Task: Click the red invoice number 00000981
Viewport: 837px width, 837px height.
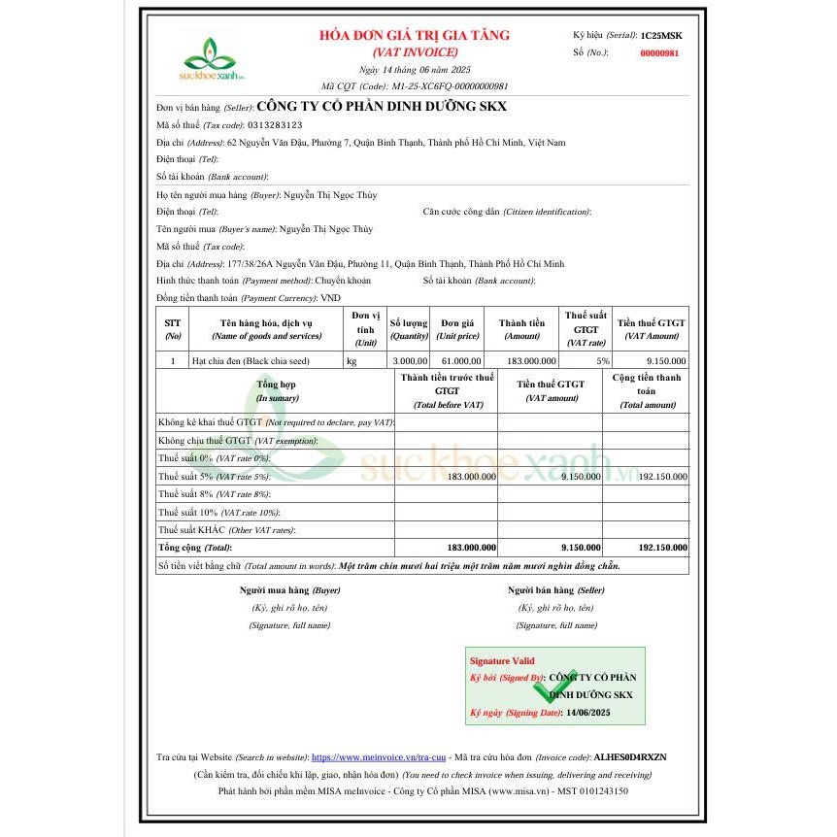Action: (x=659, y=52)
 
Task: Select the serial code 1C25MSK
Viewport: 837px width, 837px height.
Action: (x=661, y=35)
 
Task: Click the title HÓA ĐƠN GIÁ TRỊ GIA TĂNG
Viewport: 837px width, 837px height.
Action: (x=415, y=35)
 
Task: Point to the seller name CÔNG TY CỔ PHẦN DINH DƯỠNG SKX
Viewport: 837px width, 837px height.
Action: (x=381, y=107)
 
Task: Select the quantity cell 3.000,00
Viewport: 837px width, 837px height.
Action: (x=409, y=360)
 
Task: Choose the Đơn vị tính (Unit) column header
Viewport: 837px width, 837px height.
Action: (x=365, y=328)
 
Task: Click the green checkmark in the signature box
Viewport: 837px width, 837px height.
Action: (x=555, y=686)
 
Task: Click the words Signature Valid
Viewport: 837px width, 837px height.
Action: (x=501, y=660)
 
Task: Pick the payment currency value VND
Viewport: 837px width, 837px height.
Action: (x=331, y=298)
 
